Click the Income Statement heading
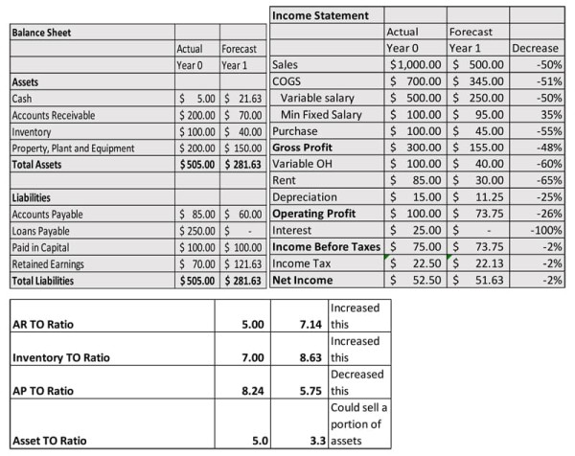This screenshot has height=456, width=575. click(x=321, y=15)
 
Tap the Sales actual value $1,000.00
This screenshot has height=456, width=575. click(x=415, y=64)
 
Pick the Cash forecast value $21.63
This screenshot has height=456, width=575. click(x=241, y=98)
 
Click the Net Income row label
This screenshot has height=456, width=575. click(x=304, y=280)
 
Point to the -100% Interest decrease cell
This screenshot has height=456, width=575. click(x=541, y=230)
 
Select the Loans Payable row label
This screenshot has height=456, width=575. click(x=41, y=230)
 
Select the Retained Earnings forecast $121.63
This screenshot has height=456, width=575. click(x=241, y=263)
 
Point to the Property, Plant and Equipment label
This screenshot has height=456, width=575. click(x=73, y=148)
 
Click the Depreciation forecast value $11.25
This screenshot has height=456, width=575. click(x=478, y=196)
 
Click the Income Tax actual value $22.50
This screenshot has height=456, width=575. click(x=415, y=263)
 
